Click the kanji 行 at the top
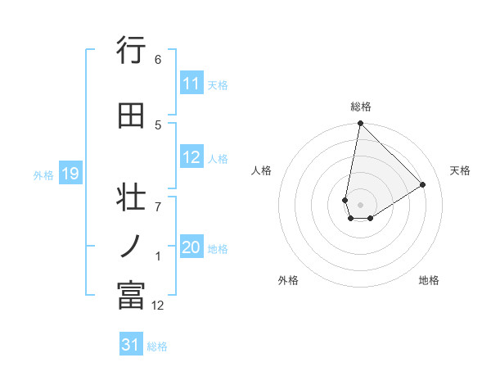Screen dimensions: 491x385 [x=131, y=51]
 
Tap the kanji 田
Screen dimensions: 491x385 [x=131, y=115]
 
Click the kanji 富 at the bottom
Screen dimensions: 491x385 [x=131, y=296]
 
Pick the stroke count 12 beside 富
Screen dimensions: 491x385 [x=158, y=306]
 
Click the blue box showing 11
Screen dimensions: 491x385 [x=191, y=84]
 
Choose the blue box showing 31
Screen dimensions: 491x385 [x=131, y=345]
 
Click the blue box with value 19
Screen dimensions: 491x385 [x=70, y=174]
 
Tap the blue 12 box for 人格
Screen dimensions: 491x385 [x=191, y=157]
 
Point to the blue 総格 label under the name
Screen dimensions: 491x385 [x=157, y=346]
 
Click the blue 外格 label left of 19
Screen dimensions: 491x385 [x=43, y=174]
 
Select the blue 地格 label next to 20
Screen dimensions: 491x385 [x=218, y=249]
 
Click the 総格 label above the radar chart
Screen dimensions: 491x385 [x=361, y=106]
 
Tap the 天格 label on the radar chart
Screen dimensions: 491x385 [x=461, y=170]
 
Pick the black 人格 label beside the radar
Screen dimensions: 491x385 [x=262, y=170]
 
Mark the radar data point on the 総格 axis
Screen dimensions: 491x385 [x=360, y=124]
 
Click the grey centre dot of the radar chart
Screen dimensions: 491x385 [x=360, y=204]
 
